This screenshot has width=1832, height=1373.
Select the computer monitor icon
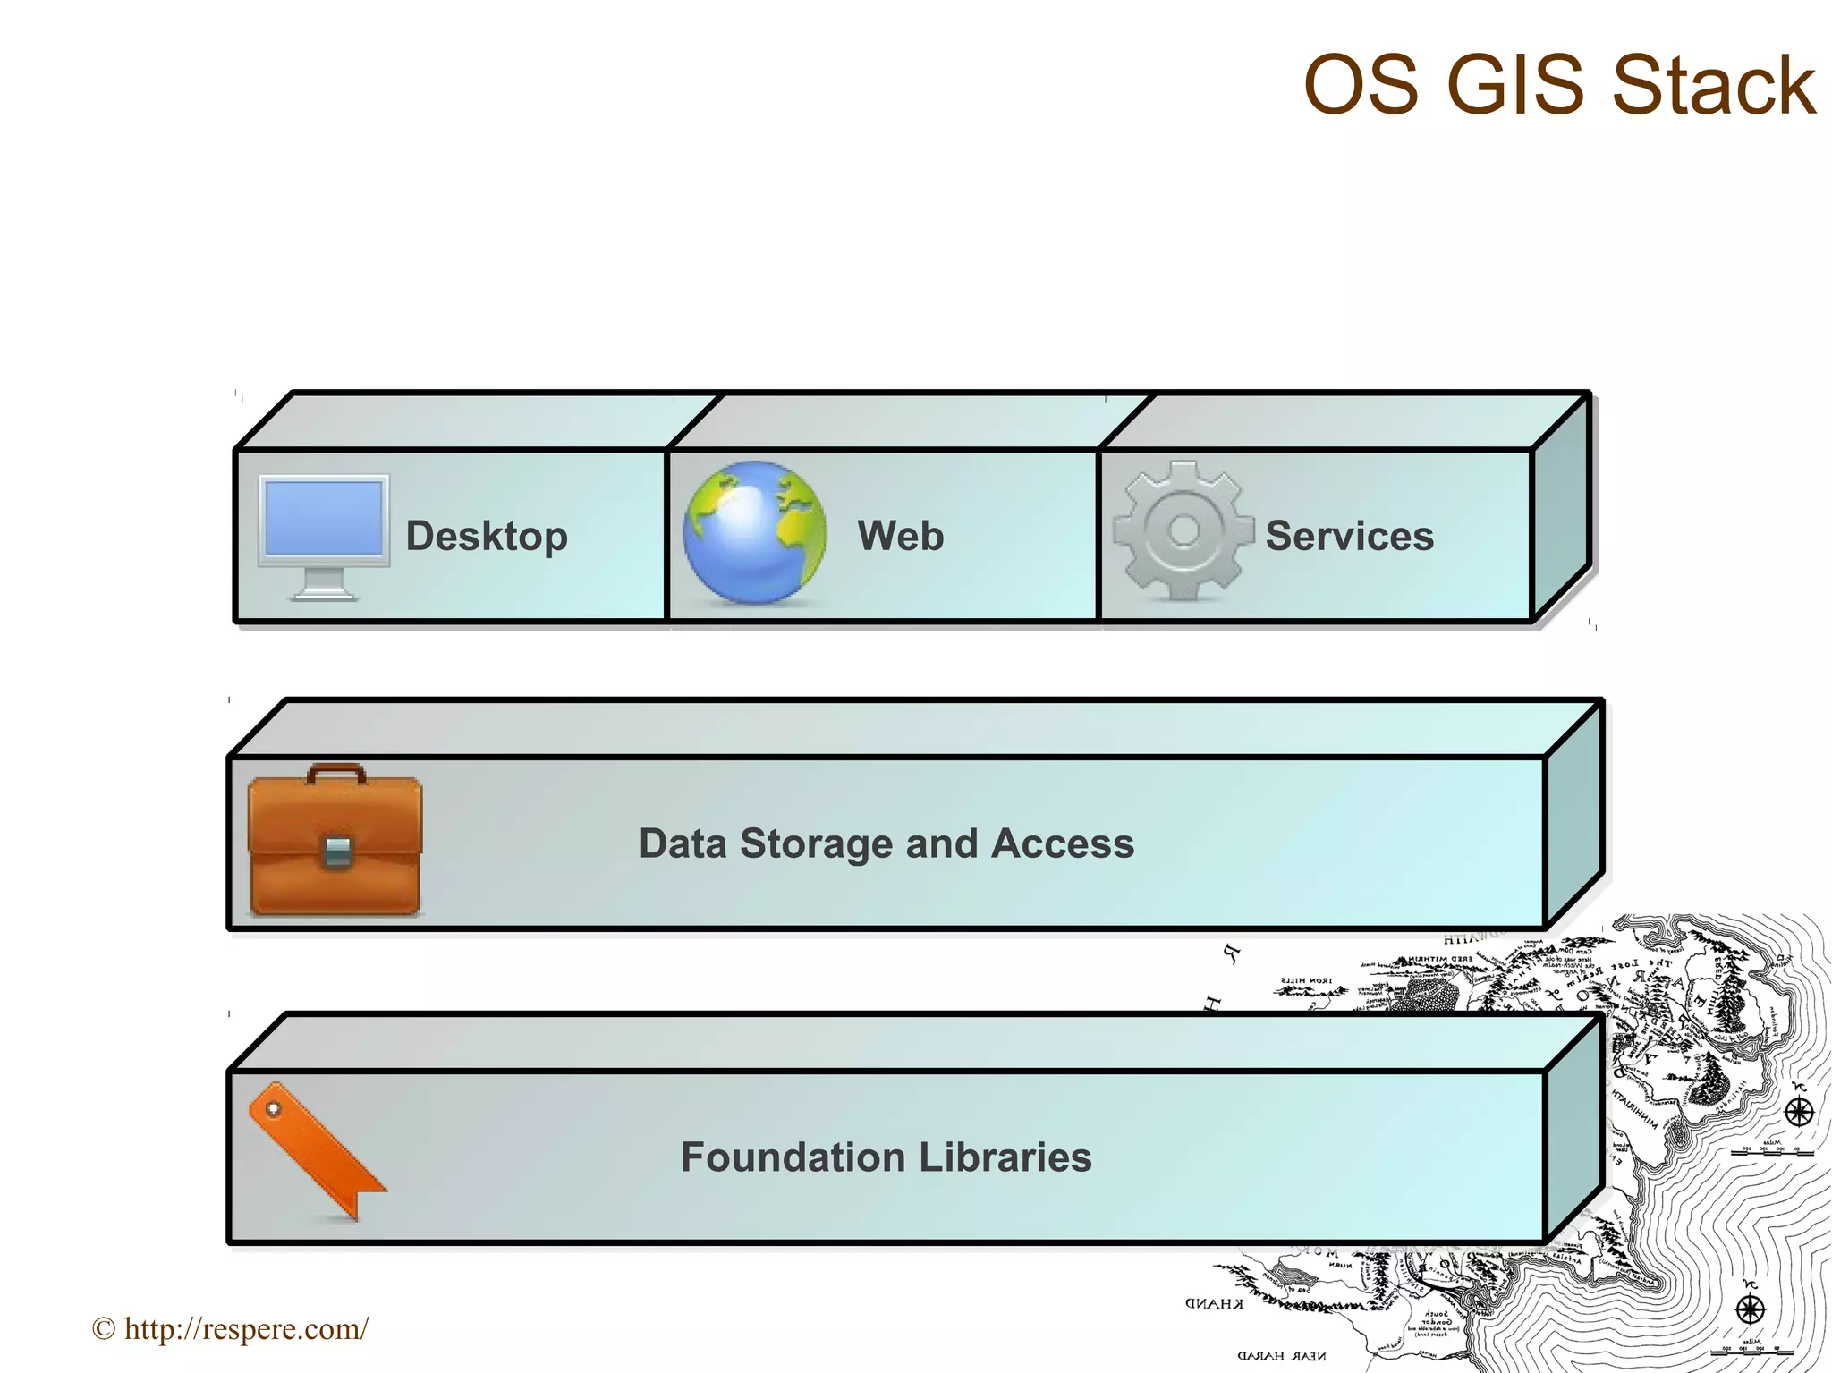click(x=324, y=534)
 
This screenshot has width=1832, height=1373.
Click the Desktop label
click(x=487, y=537)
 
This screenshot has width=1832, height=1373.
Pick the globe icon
click(x=755, y=532)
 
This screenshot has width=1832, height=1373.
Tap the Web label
click(x=900, y=537)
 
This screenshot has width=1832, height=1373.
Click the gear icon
click(x=1183, y=531)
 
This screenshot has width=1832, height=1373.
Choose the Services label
click(x=1349, y=537)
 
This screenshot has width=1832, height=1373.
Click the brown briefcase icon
click(x=335, y=841)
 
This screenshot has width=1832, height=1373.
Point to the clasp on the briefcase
click(x=336, y=851)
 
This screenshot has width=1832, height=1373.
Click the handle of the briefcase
click(x=335, y=771)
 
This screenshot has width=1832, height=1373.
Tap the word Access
click(x=1063, y=843)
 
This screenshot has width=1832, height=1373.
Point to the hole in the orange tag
click(x=274, y=1110)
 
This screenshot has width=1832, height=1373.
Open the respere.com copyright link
click(x=230, y=1329)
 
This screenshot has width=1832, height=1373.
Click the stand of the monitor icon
click(x=324, y=586)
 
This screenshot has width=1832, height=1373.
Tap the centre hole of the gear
click(x=1183, y=530)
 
